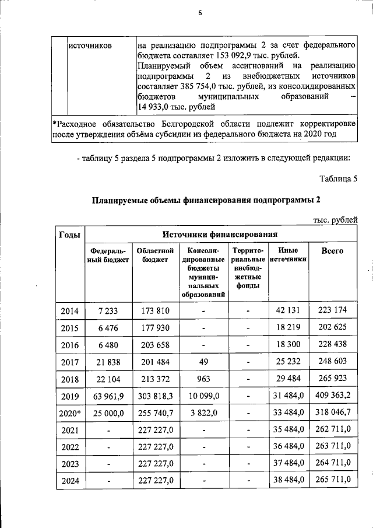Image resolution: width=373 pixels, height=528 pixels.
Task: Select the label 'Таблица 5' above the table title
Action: [x=339, y=178]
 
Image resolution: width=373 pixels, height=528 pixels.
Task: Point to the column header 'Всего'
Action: [x=332, y=251]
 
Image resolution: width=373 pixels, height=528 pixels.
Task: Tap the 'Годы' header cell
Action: [x=69, y=235]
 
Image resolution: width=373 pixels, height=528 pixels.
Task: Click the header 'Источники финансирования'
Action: [x=219, y=235]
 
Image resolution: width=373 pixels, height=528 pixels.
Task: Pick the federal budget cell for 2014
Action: [x=108, y=310]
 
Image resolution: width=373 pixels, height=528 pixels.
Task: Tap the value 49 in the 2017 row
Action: [x=203, y=361]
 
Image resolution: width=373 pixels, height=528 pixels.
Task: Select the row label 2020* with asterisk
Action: [x=70, y=413]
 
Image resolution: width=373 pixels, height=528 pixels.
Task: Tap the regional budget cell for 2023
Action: [x=155, y=464]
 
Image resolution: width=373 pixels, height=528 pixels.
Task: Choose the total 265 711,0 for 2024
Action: [x=333, y=480]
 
